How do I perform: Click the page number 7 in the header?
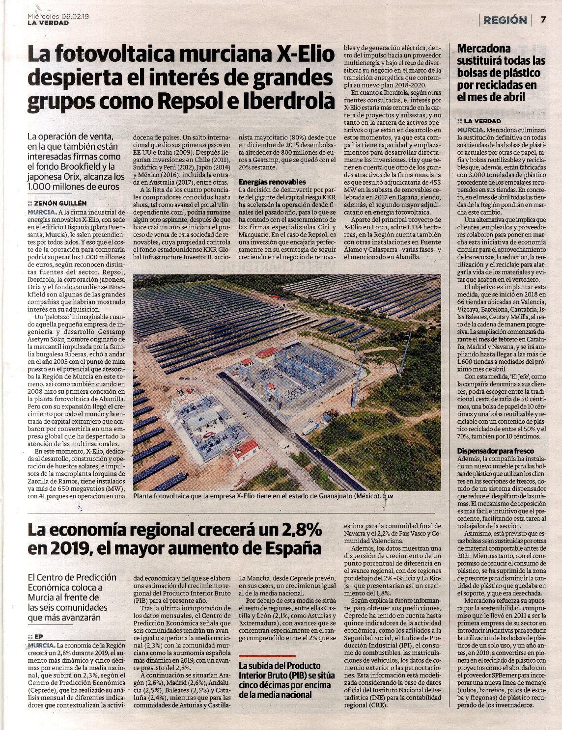click(x=543, y=20)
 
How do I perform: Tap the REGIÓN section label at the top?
click(x=505, y=20)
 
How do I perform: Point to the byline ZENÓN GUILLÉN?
click(x=61, y=203)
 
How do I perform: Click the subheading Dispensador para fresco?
click(x=495, y=451)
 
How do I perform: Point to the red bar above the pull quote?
click(x=267, y=656)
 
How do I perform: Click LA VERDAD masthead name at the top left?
click(x=48, y=23)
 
